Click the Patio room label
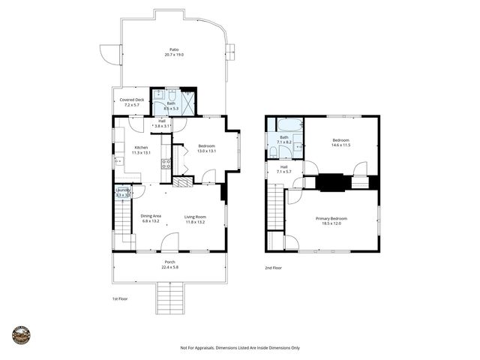tap(174, 49)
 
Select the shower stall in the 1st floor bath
tap(187, 100)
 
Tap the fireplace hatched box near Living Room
tap(183, 181)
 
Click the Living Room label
tap(195, 217)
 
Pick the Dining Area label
tap(151, 217)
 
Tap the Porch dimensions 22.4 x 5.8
tap(170, 267)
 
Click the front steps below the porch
tap(170, 298)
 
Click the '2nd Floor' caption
tap(274, 267)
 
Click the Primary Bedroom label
tap(334, 218)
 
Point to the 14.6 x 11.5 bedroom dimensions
tap(341, 145)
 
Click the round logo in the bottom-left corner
tap(21, 335)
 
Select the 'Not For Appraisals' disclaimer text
tap(240, 347)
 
